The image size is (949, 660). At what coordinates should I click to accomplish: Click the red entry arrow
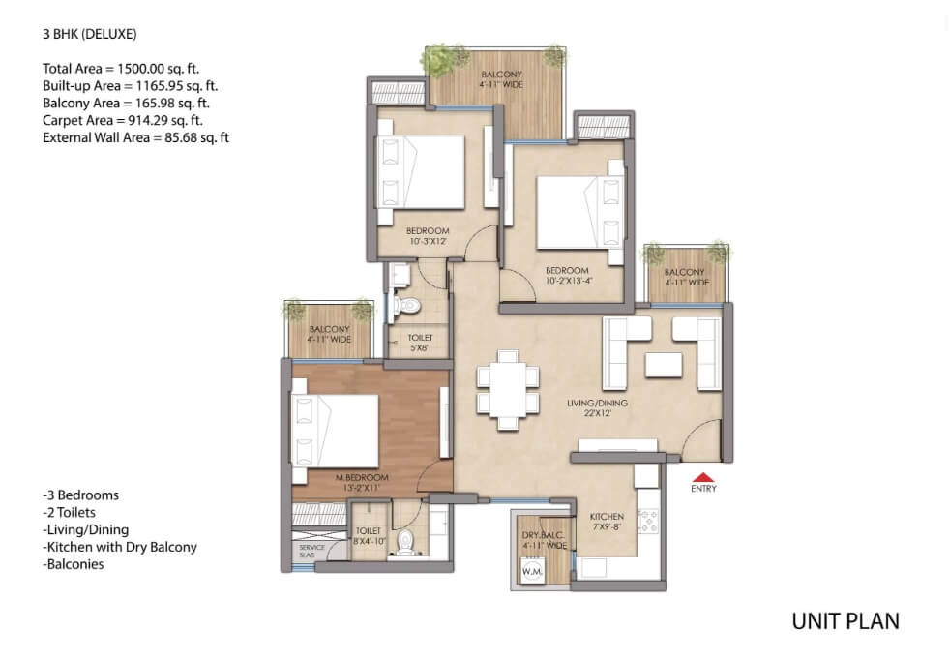[x=702, y=477]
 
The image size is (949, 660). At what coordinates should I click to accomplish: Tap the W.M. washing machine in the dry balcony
[x=533, y=571]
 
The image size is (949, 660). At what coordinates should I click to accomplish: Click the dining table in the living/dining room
[x=507, y=391]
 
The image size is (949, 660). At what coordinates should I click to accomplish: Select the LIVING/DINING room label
[x=597, y=407]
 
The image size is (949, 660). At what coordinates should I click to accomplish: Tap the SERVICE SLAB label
[x=311, y=551]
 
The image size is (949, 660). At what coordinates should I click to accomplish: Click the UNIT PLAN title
[x=845, y=621]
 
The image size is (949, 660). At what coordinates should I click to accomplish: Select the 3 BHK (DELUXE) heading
[x=90, y=34]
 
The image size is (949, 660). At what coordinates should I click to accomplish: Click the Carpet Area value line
[x=123, y=121]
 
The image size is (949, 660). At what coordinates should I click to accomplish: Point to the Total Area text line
[x=121, y=69]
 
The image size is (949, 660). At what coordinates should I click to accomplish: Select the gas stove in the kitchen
[x=647, y=522]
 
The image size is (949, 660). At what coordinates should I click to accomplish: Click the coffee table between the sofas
[x=664, y=365]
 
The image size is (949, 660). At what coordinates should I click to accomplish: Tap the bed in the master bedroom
[x=335, y=431]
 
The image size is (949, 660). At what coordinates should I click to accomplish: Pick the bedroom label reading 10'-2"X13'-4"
[x=568, y=276]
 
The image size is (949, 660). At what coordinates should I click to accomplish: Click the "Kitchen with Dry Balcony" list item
[x=120, y=547]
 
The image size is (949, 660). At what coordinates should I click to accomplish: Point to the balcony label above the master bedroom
[x=329, y=334]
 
